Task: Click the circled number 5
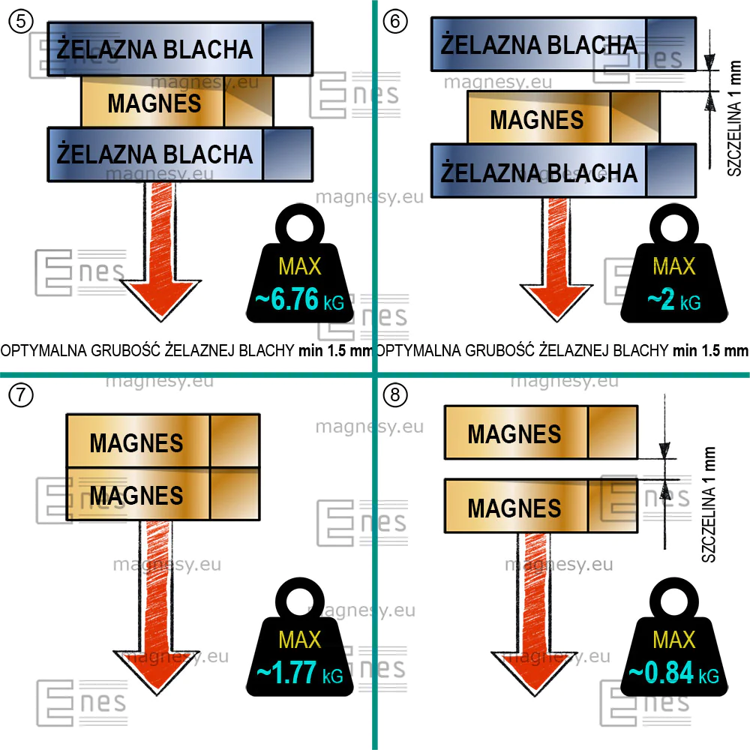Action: click(x=21, y=22)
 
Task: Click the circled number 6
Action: click(x=395, y=22)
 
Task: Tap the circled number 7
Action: click(x=21, y=395)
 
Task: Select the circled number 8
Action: click(x=395, y=395)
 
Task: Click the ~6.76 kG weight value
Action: click(x=299, y=300)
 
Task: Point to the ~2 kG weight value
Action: click(x=674, y=301)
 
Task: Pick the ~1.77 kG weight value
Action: click(x=300, y=673)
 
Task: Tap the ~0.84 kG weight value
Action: click(x=674, y=673)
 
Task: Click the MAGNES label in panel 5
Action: click(x=154, y=103)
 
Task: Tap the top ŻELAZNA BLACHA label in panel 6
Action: click(x=539, y=44)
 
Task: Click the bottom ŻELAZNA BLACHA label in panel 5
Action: click(x=154, y=154)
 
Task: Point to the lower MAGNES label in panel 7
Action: click(x=136, y=495)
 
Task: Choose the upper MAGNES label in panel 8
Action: click(x=514, y=433)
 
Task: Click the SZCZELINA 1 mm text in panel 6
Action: click(x=734, y=118)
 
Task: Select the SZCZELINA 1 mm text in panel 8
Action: click(x=709, y=504)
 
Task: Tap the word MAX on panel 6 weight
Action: click(x=674, y=266)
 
